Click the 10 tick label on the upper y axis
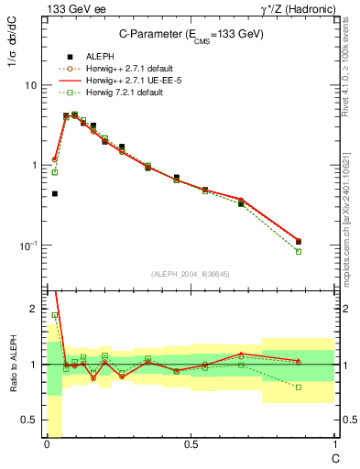30,85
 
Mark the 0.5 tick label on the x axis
191,444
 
